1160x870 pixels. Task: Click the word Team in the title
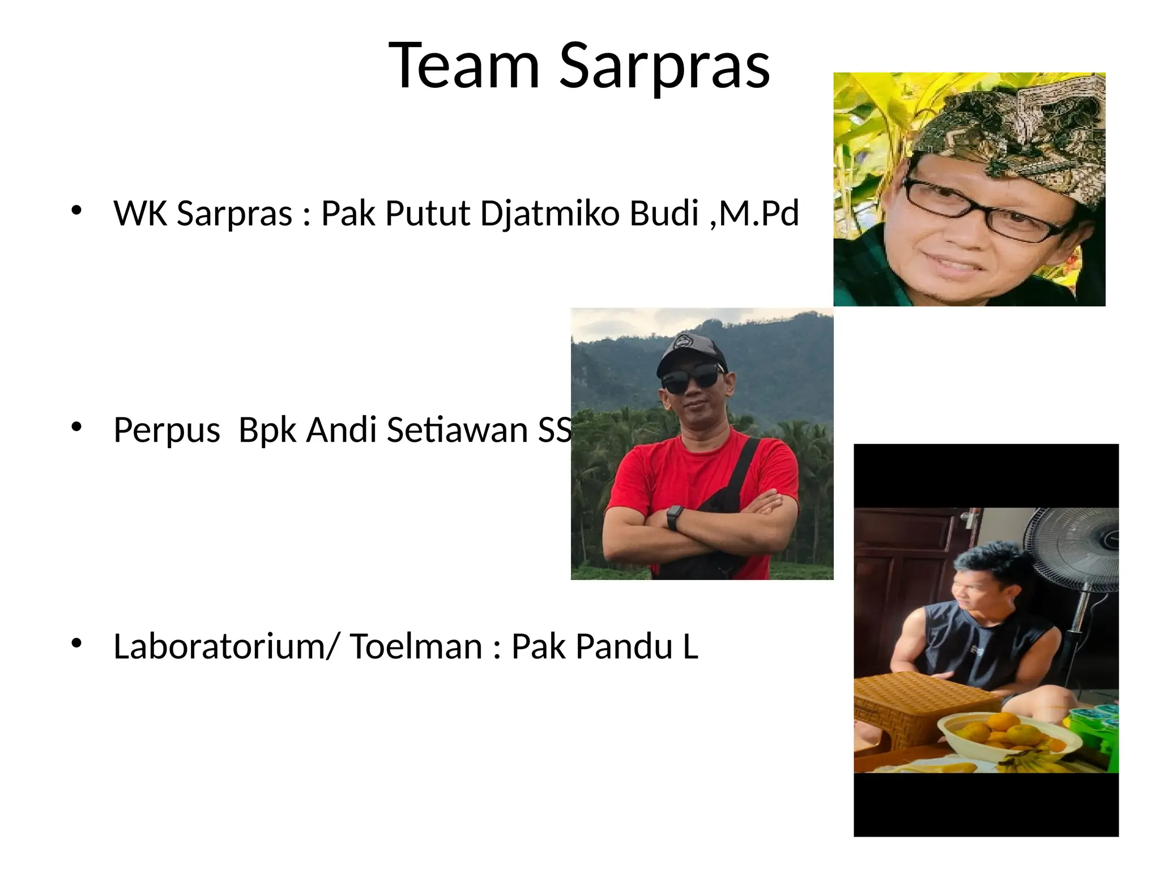pyautogui.click(x=464, y=66)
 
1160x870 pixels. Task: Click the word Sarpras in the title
pyautogui.click(x=664, y=66)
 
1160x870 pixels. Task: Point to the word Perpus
pyautogui.click(x=167, y=430)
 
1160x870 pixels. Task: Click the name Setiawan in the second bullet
pyautogui.click(x=458, y=430)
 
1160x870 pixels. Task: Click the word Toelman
pyautogui.click(x=416, y=646)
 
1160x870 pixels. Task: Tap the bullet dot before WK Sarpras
pyautogui.click(x=77, y=211)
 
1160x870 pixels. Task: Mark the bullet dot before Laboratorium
pyautogui.click(x=77, y=643)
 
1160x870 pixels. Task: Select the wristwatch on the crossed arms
pyautogui.click(x=673, y=518)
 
